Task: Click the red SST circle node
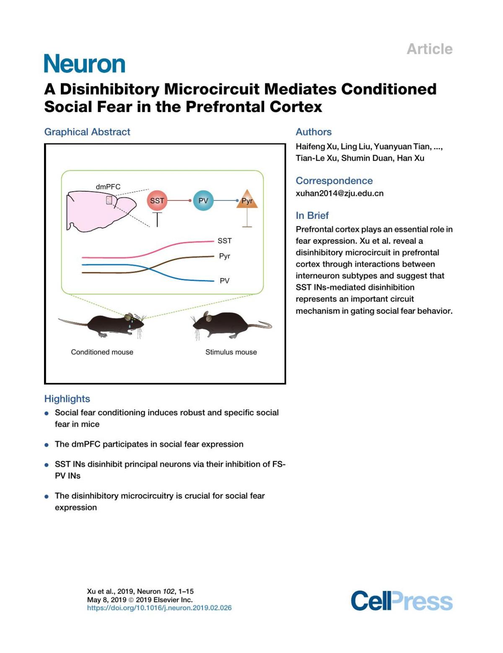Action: click(157, 200)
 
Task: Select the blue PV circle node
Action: click(203, 200)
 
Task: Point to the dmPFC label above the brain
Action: click(108, 187)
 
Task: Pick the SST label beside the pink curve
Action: click(225, 241)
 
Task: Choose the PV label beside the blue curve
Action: click(225, 281)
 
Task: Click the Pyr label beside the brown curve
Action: click(225, 256)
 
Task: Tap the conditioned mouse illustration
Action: click(105, 325)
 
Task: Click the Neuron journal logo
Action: click(85, 64)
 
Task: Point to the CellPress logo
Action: click(402, 601)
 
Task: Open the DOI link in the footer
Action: click(159, 608)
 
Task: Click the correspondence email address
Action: click(340, 193)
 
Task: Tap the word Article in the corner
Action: click(430, 49)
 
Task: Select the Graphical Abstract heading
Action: click(87, 132)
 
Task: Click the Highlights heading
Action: click(67, 398)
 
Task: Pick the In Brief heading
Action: click(312, 215)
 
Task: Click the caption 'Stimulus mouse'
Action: click(231, 352)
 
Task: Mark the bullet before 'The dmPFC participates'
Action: click(47, 445)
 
